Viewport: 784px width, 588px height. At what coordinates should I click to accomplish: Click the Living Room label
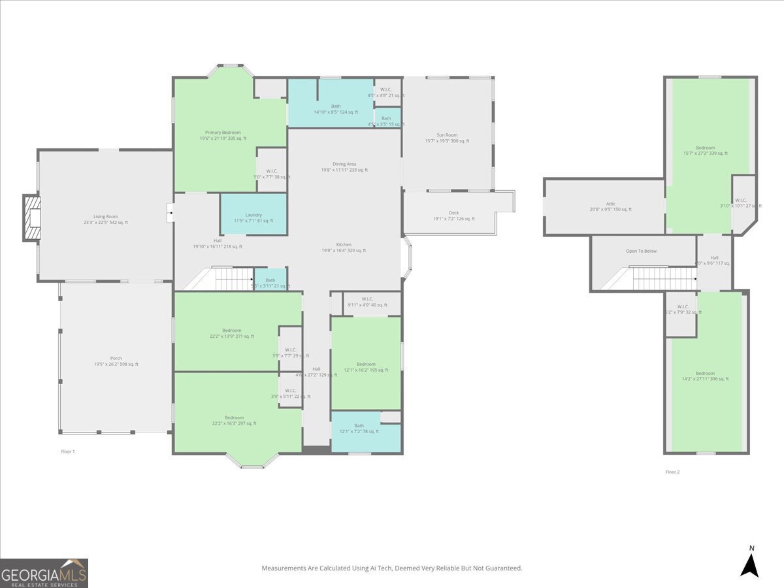[x=105, y=216]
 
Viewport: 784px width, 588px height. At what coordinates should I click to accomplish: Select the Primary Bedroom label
[x=220, y=133]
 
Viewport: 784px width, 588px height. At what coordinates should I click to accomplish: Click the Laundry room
[x=253, y=215]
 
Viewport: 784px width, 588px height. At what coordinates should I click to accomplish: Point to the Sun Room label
[x=447, y=135]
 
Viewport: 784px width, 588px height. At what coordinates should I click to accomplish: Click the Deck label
[x=453, y=213]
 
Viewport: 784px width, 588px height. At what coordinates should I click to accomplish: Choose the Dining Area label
[x=344, y=164]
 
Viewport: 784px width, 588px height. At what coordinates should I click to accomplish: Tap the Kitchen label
[x=344, y=245]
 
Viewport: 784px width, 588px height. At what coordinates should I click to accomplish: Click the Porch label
[x=116, y=358]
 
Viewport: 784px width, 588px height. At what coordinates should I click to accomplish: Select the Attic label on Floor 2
[x=610, y=204]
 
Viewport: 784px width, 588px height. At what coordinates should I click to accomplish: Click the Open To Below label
[x=641, y=251]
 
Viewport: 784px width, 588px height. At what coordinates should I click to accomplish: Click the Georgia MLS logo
[x=44, y=573]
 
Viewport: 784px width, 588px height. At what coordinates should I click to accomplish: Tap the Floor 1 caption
[x=68, y=451]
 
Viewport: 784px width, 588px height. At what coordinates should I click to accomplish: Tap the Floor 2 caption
[x=672, y=472]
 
